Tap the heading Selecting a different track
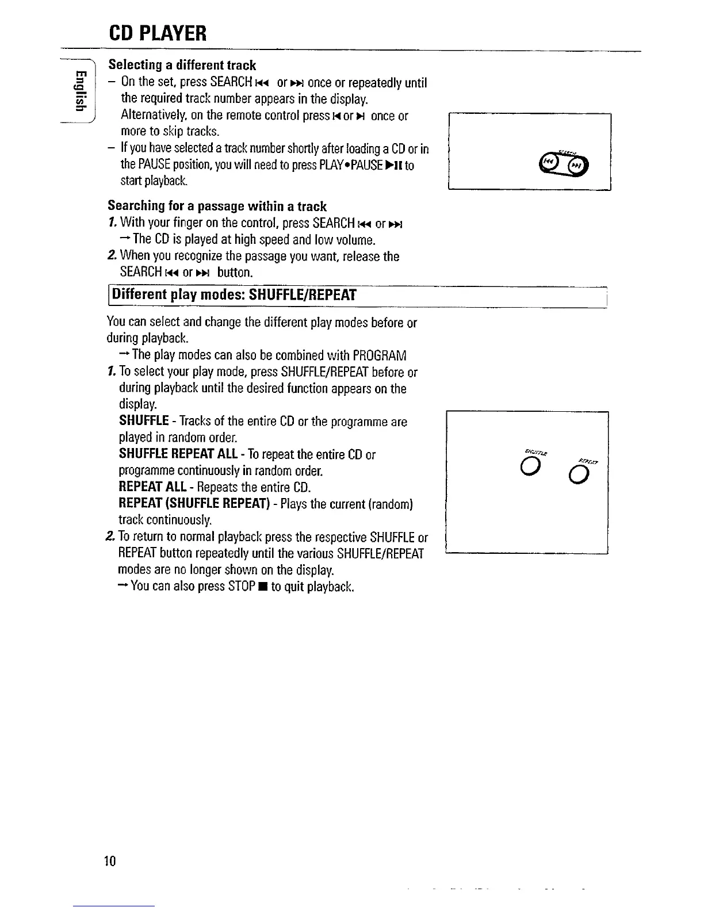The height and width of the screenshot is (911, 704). pyautogui.click(x=182, y=65)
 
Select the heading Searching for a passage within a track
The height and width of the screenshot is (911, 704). pyautogui.click(x=217, y=206)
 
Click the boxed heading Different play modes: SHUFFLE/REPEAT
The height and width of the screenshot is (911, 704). pyautogui.click(x=234, y=295)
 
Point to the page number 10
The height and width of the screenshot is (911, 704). pyautogui.click(x=110, y=861)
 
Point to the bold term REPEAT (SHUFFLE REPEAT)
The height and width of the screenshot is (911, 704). pyautogui.click(x=194, y=504)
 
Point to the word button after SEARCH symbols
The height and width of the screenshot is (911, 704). pyautogui.click(x=235, y=272)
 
